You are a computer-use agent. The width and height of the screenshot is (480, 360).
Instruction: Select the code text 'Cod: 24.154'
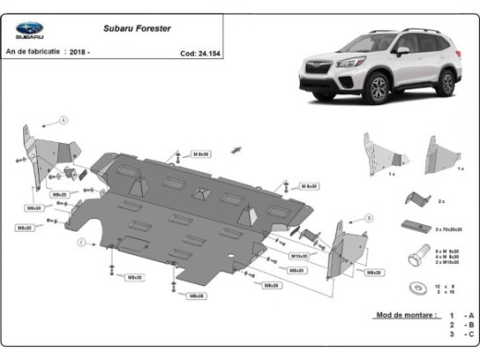click(x=201, y=54)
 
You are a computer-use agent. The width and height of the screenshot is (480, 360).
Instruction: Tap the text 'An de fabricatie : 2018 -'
click(x=49, y=54)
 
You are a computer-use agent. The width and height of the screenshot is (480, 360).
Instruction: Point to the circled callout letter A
click(x=65, y=121)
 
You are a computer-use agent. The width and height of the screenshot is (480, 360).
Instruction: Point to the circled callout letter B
click(x=369, y=218)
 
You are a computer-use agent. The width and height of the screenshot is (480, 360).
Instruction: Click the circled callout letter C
click(x=81, y=242)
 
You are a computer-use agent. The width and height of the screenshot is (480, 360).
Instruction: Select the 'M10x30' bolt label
click(x=300, y=256)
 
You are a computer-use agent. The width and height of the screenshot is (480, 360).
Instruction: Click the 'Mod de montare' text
click(x=403, y=315)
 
